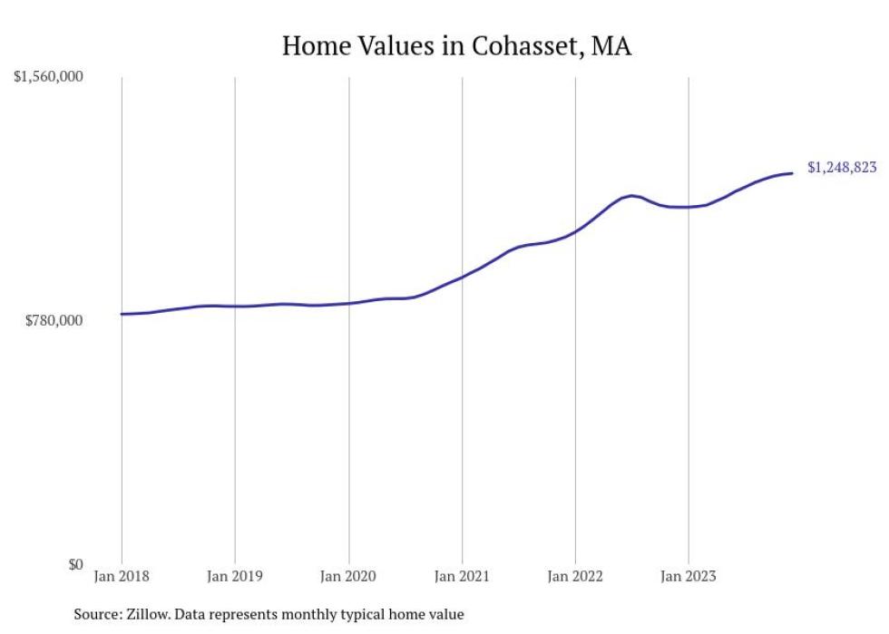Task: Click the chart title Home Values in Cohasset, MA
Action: [456, 45]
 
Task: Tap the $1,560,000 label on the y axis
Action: [48, 77]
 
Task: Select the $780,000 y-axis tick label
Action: [55, 320]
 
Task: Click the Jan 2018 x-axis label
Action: [122, 576]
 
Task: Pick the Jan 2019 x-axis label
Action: [235, 576]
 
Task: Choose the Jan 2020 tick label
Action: [348, 576]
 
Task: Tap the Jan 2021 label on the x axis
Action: [462, 576]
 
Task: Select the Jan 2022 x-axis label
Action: [575, 576]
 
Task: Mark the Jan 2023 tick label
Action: [689, 576]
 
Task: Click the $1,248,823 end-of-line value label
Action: [842, 168]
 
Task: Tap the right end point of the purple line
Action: [793, 172]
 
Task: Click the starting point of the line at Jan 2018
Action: [122, 314]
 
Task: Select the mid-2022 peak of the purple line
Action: [632, 195]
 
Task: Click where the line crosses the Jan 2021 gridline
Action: [462, 277]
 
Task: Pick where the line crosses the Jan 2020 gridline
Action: [348, 303]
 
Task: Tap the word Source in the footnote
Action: [96, 614]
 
